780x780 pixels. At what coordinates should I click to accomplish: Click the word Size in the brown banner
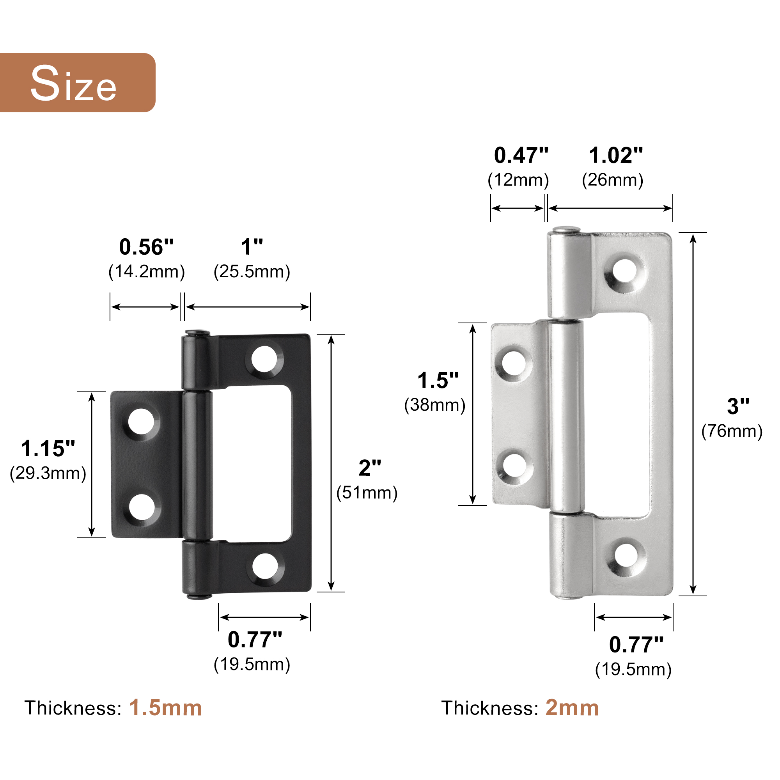[73, 83]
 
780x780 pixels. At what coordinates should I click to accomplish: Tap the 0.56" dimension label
[146, 247]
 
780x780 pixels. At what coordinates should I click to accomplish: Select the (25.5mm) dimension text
[252, 272]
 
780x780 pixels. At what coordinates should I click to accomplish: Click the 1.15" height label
[48, 448]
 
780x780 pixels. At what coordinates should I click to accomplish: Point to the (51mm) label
[367, 493]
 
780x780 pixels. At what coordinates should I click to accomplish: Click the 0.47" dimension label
[521, 156]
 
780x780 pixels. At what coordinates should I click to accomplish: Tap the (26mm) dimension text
[612, 180]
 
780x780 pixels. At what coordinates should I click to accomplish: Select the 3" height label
[738, 406]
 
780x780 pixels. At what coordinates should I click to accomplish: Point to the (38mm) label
[435, 405]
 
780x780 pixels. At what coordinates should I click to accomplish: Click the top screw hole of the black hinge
[264, 359]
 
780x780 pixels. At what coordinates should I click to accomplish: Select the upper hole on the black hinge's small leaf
[141, 422]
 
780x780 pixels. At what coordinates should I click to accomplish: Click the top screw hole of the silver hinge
[624, 271]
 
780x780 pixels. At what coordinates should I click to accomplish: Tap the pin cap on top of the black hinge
[197, 333]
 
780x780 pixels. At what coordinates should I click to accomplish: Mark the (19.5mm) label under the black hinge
[252, 665]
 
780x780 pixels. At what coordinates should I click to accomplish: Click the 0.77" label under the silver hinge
[636, 645]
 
